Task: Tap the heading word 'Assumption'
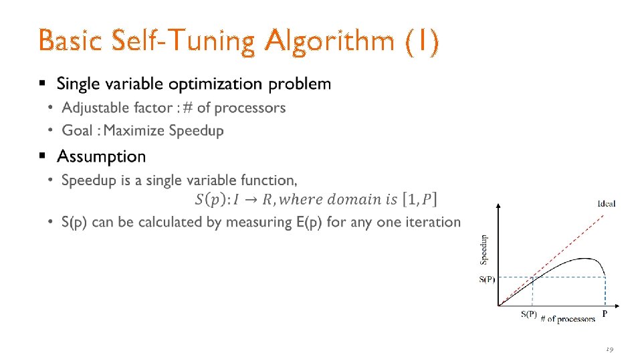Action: (102, 156)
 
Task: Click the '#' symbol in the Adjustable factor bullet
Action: (187, 108)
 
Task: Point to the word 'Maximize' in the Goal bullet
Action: (134, 131)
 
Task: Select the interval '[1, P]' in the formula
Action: (419, 199)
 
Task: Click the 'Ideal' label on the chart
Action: (606, 203)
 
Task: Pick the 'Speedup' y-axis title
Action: (484, 247)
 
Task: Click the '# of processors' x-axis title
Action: (568, 319)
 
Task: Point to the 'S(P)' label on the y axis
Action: (487, 279)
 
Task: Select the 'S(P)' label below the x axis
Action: (528, 315)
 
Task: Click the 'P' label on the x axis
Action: (605, 314)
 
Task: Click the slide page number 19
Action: (609, 349)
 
